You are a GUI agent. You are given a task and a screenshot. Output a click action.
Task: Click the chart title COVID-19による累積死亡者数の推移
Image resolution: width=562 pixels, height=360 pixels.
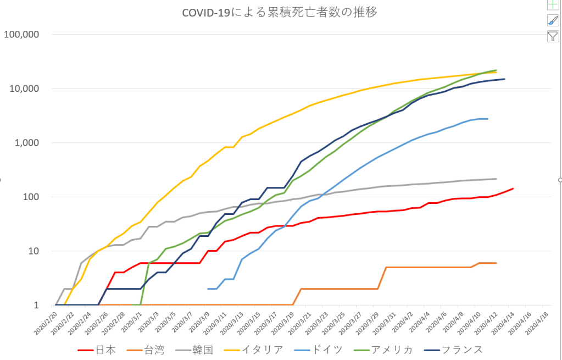[x=280, y=12]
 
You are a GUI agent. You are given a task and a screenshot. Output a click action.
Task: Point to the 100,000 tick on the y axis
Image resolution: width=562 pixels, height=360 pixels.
[x=21, y=34]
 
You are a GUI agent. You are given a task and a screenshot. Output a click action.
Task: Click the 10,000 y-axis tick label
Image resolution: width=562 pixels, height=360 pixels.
[x=24, y=88]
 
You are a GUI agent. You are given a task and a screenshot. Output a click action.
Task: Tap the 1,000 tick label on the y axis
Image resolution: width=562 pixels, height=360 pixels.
[x=27, y=142]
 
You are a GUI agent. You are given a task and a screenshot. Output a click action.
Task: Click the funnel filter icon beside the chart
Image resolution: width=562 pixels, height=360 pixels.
[x=553, y=37]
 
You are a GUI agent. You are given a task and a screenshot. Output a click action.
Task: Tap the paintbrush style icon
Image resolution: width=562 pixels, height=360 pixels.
[x=553, y=20]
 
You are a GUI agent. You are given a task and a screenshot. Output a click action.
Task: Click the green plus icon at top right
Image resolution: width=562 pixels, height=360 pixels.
[x=553, y=4]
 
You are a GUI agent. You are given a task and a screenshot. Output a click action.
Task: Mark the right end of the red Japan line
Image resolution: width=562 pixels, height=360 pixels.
[x=513, y=189]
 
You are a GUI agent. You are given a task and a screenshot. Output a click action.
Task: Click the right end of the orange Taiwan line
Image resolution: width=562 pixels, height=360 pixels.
[x=496, y=263]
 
